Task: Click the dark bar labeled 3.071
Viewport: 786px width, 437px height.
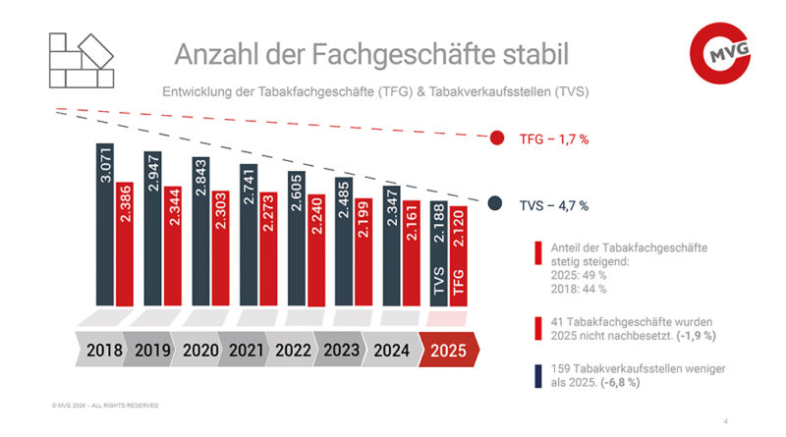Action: coord(106,226)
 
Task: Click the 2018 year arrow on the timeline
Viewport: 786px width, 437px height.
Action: coord(104,350)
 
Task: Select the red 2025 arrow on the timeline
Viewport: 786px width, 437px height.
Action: coord(448,350)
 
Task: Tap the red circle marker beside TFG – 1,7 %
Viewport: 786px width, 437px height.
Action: coord(497,139)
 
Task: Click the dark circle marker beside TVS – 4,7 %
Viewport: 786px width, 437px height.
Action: coord(497,205)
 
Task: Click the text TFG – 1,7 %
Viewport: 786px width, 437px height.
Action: coord(553,139)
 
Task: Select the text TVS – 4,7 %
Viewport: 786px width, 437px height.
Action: coord(553,206)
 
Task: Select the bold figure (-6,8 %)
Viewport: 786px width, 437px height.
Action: coord(621,382)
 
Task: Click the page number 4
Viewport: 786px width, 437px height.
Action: coord(725,421)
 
